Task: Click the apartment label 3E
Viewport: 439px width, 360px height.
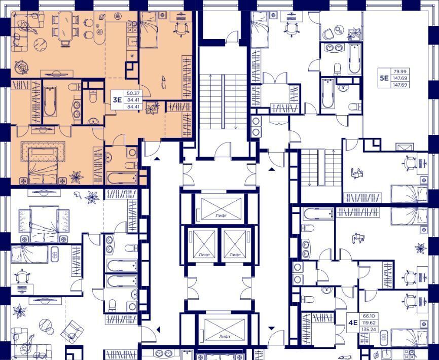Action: pyautogui.click(x=117, y=100)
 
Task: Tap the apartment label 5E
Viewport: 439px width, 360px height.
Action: pyautogui.click(x=384, y=78)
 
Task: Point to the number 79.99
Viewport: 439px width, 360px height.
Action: pyautogui.click(x=400, y=71)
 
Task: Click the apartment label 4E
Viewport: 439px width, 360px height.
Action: pyautogui.click(x=353, y=323)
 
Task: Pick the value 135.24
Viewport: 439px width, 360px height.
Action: pyautogui.click(x=369, y=329)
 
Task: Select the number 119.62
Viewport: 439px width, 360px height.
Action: pyautogui.click(x=369, y=323)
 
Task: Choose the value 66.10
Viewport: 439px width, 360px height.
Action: pyautogui.click(x=369, y=316)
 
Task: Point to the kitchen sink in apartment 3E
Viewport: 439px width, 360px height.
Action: pyautogui.click(x=132, y=42)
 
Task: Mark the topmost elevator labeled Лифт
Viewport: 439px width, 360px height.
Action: pyautogui.click(x=221, y=208)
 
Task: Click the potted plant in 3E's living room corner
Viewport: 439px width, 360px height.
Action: pyautogui.click(x=21, y=66)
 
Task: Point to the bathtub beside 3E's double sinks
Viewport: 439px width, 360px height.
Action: pyautogui.click(x=50, y=101)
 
